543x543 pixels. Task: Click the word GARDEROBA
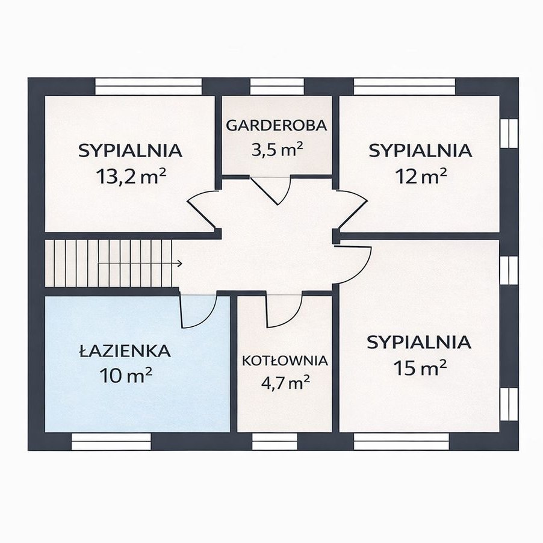point(277,125)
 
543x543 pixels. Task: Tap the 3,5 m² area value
point(277,150)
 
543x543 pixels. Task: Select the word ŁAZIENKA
point(125,351)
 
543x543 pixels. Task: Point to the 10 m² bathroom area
point(126,375)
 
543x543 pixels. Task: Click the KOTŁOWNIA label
point(285,361)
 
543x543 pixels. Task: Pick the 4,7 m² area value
point(285,383)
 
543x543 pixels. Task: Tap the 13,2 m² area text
point(131,176)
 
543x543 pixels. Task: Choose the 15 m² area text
point(420,368)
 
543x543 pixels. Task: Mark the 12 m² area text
point(421,176)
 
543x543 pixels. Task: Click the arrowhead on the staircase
point(180,264)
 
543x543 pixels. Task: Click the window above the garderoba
point(277,87)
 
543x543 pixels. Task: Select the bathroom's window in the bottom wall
point(111,441)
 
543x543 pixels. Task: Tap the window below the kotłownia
point(275,441)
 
